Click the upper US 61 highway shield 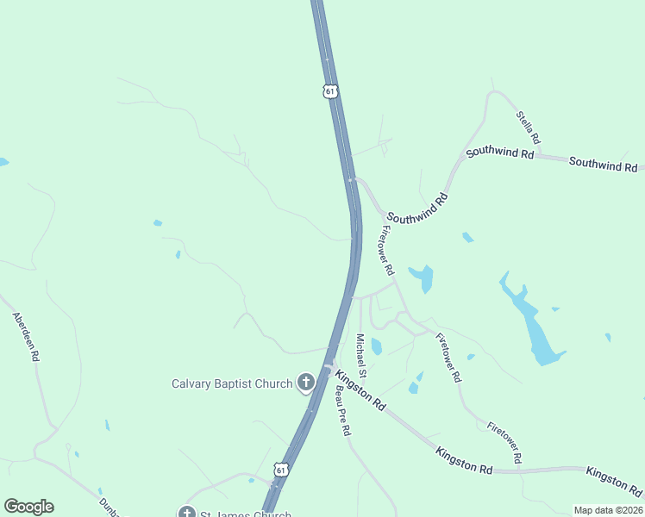[330, 91]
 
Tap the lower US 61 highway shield [280, 470]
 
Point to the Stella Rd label [529, 127]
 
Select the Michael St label [362, 355]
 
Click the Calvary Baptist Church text [232, 383]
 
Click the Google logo [28, 507]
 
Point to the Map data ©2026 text [609, 510]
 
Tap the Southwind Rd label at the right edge [603, 163]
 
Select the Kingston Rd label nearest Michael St [360, 389]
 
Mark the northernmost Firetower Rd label [387, 251]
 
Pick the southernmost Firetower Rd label [504, 440]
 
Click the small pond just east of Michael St [376, 346]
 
